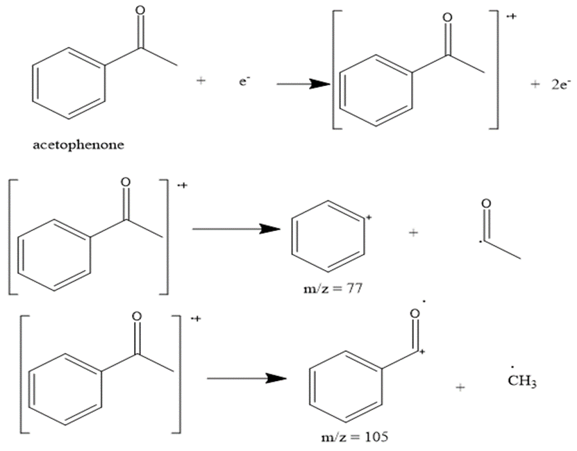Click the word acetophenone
point(78,144)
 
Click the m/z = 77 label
point(333,289)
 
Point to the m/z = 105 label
point(354,437)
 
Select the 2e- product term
point(561,84)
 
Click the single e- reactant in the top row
point(244,81)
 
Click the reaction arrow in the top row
point(303,84)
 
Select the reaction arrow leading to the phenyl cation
point(236,229)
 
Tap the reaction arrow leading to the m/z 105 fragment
point(247,378)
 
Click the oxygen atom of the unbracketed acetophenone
point(140,10)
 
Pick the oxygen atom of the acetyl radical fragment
point(486,203)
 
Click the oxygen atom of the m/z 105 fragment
point(415,314)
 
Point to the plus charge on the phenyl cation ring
point(369,218)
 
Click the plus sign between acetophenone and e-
point(201,80)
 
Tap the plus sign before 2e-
point(535,84)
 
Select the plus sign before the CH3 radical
point(460,387)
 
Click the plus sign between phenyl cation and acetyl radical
point(413,232)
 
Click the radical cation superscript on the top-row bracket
point(512,16)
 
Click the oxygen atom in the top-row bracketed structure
point(447,17)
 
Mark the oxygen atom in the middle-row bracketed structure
point(126,182)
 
